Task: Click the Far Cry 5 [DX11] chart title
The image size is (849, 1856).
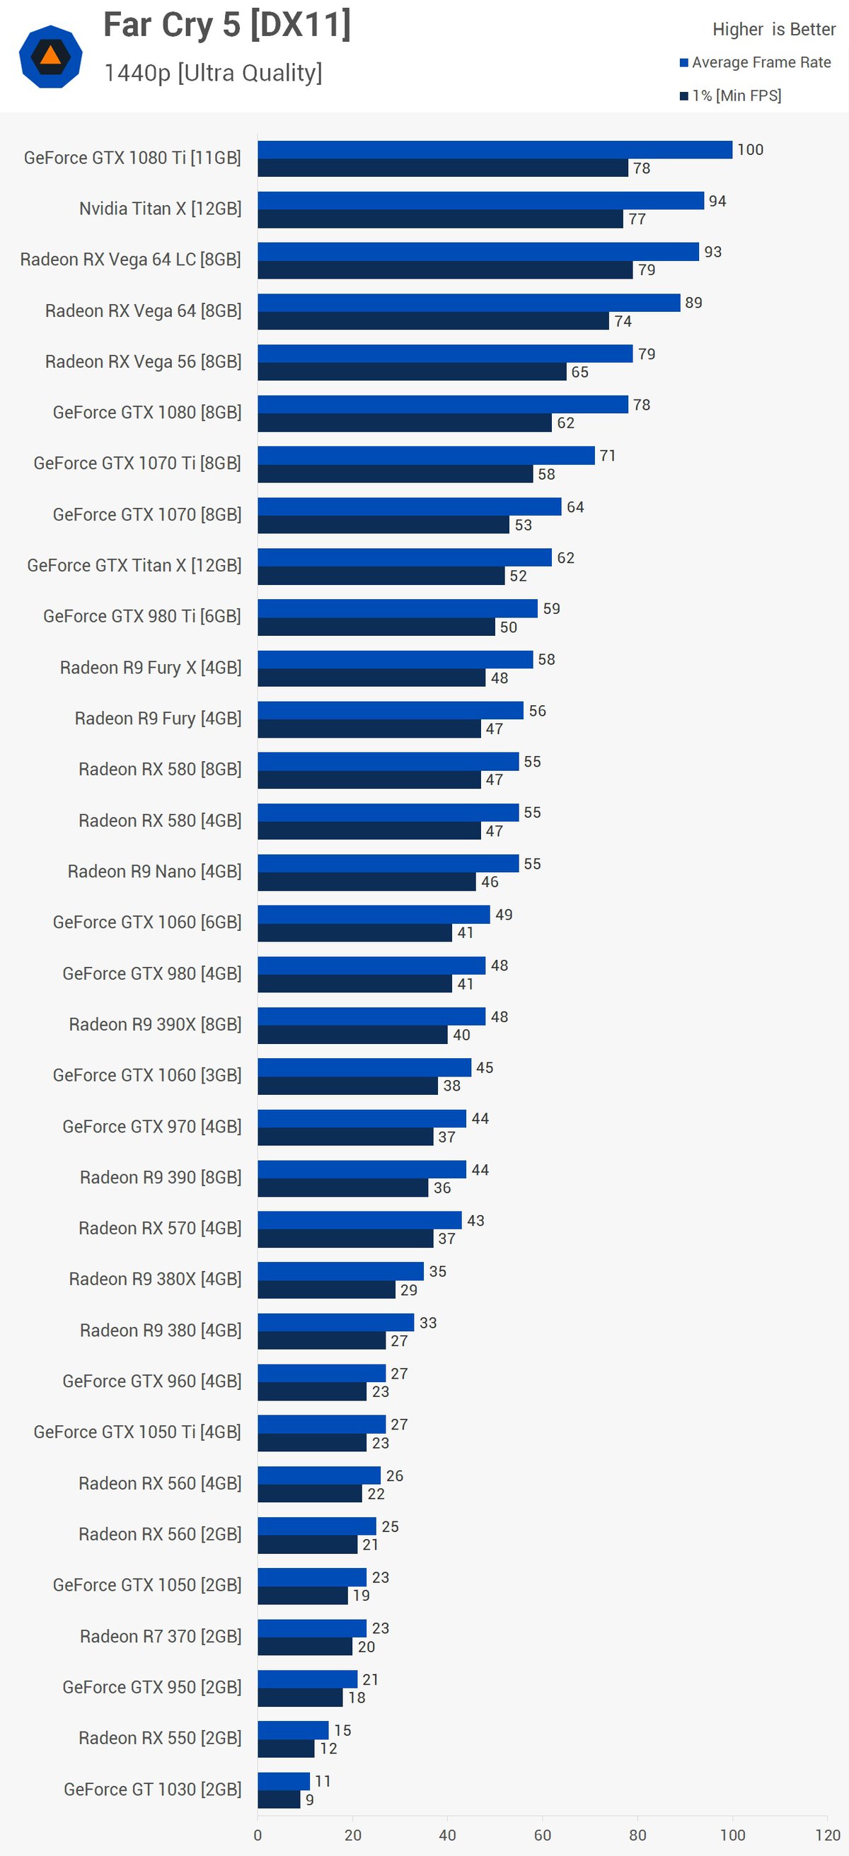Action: tap(227, 26)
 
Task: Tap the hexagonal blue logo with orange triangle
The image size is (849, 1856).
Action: tap(50, 56)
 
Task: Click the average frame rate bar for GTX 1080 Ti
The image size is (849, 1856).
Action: tap(495, 150)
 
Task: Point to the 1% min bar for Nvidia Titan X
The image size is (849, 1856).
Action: tap(439, 219)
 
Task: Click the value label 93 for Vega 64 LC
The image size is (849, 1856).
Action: tap(712, 253)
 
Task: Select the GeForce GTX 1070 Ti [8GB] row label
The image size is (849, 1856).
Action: tap(137, 463)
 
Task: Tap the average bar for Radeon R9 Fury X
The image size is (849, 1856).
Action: tap(395, 660)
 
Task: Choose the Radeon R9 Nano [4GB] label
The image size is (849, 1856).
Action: tap(154, 872)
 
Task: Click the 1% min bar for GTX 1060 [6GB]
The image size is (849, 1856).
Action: tap(354, 933)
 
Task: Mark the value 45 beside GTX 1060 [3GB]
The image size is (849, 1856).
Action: tap(485, 1068)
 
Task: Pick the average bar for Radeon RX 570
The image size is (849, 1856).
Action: tap(359, 1221)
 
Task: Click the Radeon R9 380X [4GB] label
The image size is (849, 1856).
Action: tap(155, 1280)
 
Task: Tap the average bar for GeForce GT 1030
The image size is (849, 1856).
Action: tap(283, 1782)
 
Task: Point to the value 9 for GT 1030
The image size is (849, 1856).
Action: tap(310, 1800)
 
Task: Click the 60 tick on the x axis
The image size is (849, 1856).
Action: tap(542, 1835)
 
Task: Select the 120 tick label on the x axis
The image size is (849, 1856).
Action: tap(827, 1835)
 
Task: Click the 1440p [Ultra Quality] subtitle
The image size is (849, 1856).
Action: tap(214, 73)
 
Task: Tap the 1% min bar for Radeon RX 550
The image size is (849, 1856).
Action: tap(286, 1748)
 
